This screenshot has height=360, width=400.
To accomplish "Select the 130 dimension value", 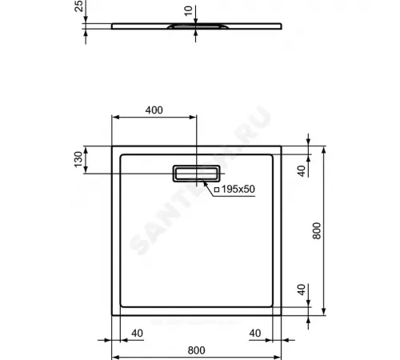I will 78,160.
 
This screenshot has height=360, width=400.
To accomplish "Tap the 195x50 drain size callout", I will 238,190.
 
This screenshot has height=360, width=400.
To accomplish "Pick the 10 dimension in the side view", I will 187,10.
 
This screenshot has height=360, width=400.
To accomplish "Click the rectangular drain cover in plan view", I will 197,174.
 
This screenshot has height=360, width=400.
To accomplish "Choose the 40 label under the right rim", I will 256,333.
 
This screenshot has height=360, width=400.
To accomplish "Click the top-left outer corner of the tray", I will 110,146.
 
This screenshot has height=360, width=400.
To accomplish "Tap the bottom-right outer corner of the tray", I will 282,315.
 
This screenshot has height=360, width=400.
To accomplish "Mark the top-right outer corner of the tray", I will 282,146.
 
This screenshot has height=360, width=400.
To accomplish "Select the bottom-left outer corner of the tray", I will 110,315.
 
